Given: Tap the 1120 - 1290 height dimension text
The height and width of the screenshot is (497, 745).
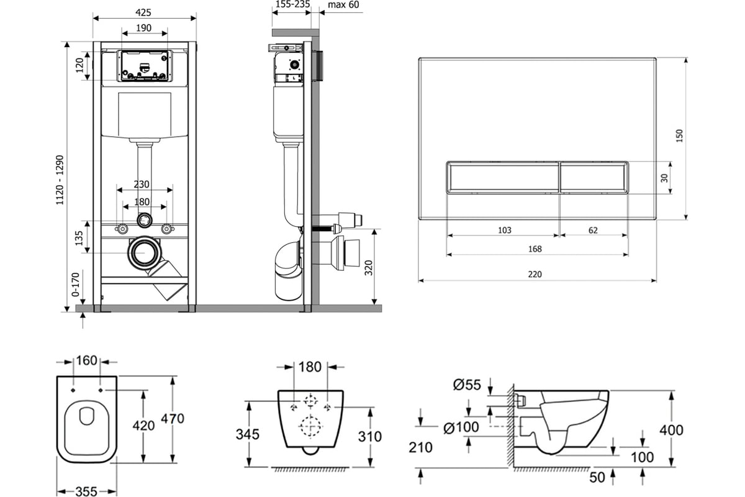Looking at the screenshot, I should pos(60,180).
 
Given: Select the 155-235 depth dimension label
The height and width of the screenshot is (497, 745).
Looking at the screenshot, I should pos(291,5).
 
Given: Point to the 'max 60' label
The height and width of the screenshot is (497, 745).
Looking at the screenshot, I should pos(343,5).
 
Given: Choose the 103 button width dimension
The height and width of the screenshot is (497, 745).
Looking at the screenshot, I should pos(504,230).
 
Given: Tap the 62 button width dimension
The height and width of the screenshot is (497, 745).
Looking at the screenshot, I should pos(592,230).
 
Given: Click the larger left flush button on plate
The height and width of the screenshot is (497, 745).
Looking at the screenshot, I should pos(502,178).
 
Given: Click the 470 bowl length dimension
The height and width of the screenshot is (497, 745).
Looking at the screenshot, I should pos(173,419).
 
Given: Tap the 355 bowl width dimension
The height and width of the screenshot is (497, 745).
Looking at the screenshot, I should pos(86,491).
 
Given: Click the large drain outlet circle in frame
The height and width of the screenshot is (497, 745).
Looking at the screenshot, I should pos(145,253).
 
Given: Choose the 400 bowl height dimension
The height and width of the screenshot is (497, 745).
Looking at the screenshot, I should pos(671,430).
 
